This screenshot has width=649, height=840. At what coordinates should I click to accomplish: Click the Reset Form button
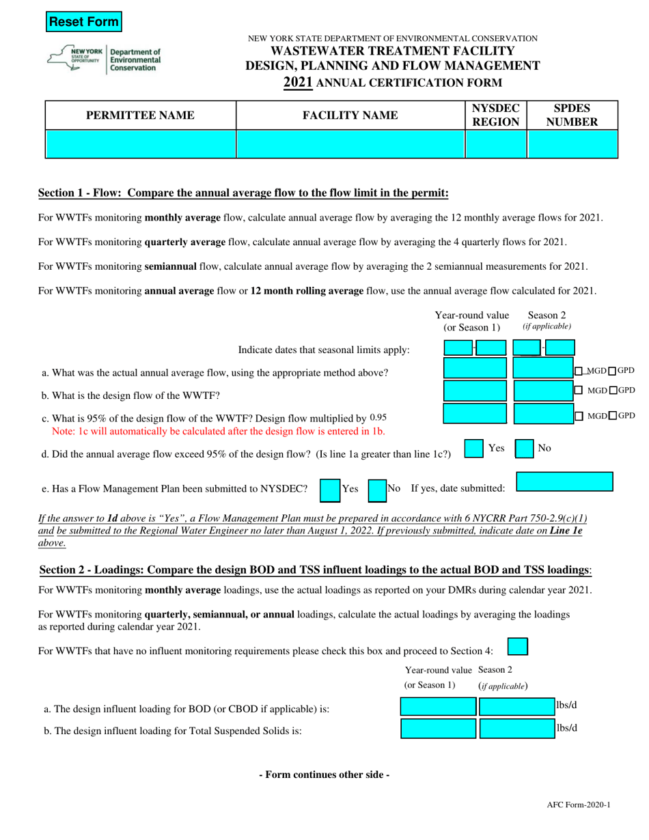click(x=83, y=22)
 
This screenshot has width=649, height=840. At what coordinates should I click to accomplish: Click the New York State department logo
click(x=104, y=60)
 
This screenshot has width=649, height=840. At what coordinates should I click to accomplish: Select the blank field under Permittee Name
click(x=141, y=144)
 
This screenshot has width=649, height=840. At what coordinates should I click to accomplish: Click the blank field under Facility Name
click(x=350, y=144)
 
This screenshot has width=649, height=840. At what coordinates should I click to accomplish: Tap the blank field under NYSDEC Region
click(x=496, y=144)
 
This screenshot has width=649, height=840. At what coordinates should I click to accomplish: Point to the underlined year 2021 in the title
click(x=298, y=83)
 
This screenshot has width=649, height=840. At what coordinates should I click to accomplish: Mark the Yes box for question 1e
click(x=330, y=470)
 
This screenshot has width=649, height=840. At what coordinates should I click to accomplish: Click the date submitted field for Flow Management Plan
click(x=564, y=463)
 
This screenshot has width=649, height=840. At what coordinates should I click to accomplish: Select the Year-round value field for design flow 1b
click(x=475, y=391)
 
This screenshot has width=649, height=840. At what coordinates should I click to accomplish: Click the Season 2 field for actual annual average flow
click(x=542, y=369)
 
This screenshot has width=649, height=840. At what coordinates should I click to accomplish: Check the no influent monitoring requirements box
click(x=519, y=646)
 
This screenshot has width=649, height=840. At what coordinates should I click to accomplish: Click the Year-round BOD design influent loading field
click(x=437, y=707)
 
